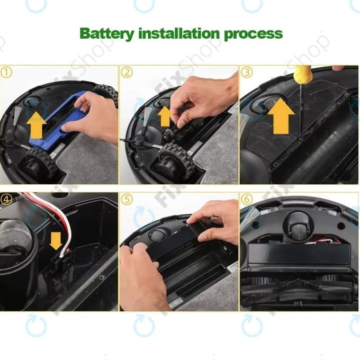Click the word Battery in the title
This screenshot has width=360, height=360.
tap(107, 33)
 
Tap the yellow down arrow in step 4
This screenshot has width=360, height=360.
tap(55, 241)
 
